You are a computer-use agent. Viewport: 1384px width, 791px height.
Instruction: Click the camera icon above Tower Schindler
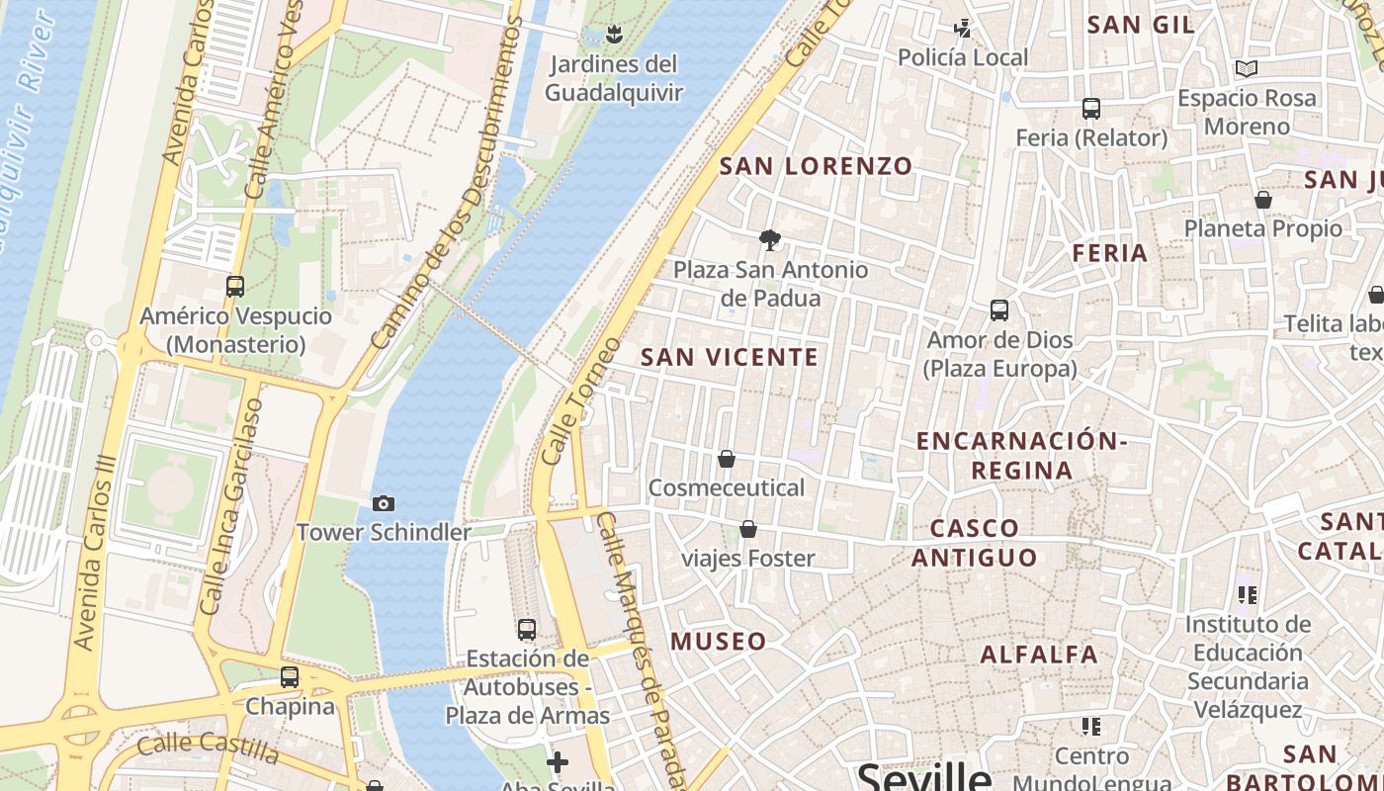tap(384, 504)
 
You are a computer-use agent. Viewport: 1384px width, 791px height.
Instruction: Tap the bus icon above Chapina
tap(290, 677)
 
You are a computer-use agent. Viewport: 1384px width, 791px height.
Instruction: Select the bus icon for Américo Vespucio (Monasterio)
tap(235, 287)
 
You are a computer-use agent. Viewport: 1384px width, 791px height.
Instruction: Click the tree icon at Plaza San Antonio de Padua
tap(769, 239)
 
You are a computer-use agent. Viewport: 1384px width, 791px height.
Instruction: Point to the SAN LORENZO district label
tap(816, 166)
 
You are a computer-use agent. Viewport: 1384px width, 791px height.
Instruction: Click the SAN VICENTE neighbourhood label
tap(730, 357)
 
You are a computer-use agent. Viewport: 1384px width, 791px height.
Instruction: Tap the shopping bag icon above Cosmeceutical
tap(727, 459)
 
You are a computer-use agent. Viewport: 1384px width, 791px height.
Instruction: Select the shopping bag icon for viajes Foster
tap(748, 529)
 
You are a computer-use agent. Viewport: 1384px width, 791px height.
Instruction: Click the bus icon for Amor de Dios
tap(999, 310)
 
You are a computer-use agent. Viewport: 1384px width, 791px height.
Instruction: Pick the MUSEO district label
tap(719, 642)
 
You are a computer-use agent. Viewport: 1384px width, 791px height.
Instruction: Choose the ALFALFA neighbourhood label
tap(1039, 655)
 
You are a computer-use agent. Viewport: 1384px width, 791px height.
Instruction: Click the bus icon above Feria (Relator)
tap(1091, 109)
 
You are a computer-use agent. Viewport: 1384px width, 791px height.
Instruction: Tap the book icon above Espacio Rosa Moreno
tap(1247, 69)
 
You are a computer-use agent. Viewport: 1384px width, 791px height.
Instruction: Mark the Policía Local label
tap(963, 57)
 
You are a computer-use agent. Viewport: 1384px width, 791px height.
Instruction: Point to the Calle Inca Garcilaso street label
tap(229, 506)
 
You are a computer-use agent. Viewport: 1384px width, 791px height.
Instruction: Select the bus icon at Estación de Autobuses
tap(527, 629)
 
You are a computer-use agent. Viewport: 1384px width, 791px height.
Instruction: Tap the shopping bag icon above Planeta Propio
tap(1262, 200)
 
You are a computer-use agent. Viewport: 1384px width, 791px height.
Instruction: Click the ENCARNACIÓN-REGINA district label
tap(1022, 455)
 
